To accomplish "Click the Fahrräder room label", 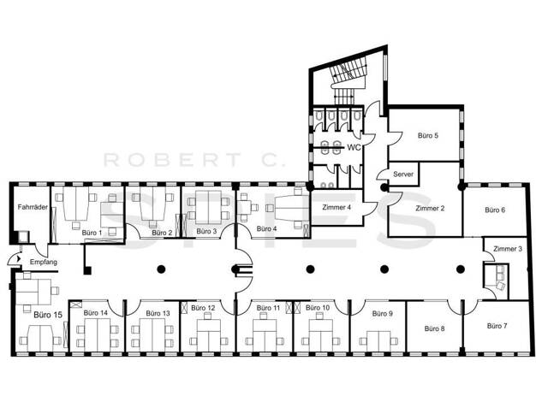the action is tap(33, 207).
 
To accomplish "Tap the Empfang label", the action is tap(44, 262).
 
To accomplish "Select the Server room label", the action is tap(403, 174).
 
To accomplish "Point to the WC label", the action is tap(354, 148).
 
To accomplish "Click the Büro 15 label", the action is tap(48, 315).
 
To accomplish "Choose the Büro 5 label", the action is tap(428, 135).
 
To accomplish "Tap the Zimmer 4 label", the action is tap(336, 207).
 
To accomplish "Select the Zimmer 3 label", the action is tap(508, 249).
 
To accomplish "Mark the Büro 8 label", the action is tap(434, 328).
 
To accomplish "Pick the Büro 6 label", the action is tap(495, 210).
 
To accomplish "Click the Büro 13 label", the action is tap(158, 313).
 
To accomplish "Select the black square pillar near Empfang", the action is tap(88, 271).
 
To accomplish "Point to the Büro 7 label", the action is tap(497, 326).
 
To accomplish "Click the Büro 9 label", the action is tap(383, 313).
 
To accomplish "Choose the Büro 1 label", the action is tap(92, 233).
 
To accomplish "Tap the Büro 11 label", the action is tap(268, 308).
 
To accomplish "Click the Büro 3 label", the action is tap(206, 231).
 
